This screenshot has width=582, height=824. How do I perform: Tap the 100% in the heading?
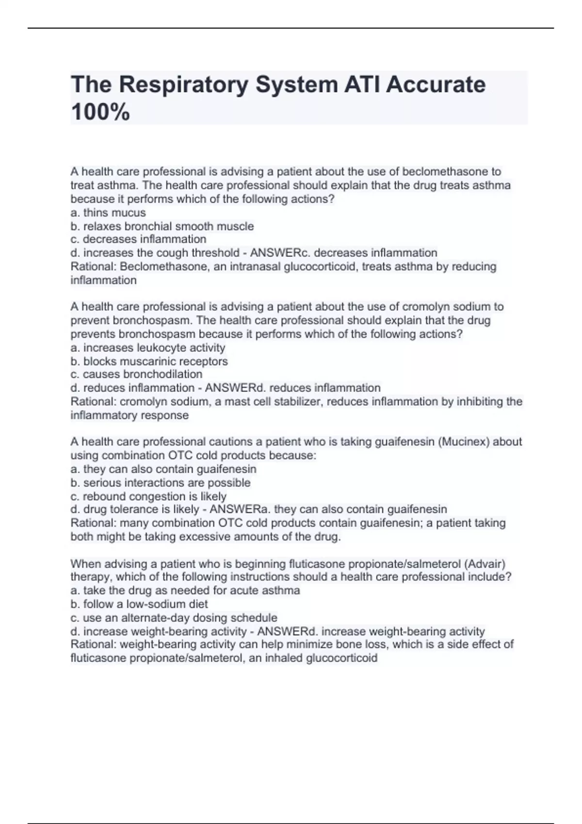click(100, 112)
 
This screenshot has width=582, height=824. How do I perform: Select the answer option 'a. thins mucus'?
click(108, 213)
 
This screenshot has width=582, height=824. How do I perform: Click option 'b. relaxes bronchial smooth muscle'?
click(162, 226)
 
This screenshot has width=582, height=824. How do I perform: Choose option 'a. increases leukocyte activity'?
click(148, 348)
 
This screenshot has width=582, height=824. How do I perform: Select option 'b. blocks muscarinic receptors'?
click(149, 361)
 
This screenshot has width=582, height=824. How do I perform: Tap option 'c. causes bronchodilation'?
click(136, 374)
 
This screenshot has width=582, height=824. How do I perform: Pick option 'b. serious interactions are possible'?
click(161, 483)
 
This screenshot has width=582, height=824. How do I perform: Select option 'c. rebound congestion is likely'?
click(148, 496)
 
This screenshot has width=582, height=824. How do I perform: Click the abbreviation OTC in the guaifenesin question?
click(180, 455)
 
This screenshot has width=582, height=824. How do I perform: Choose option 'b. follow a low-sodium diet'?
click(139, 604)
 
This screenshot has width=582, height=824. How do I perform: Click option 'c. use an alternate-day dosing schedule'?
click(174, 618)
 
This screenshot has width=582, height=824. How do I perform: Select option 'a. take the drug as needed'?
click(185, 590)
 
